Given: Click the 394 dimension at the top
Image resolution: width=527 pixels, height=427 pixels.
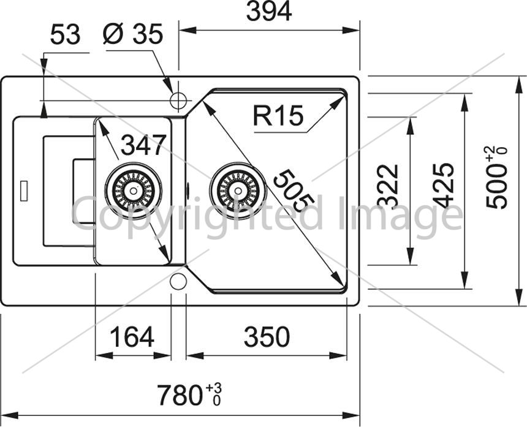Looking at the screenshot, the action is click(269, 12).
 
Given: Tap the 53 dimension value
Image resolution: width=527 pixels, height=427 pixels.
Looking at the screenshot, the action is click(66, 34).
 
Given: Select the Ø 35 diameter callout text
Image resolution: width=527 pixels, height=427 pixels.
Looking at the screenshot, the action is click(133, 34).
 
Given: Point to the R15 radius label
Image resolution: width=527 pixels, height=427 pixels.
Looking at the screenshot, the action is click(278, 115).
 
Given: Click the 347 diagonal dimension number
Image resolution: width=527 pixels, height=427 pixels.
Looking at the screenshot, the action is click(143, 145).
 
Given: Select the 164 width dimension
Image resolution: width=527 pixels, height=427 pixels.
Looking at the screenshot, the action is click(132, 337).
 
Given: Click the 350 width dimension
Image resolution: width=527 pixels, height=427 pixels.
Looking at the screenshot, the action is click(267, 337).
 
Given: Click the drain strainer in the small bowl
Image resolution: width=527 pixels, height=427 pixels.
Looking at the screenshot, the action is click(134, 191).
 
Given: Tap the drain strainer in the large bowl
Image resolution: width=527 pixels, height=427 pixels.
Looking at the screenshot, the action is click(238, 191).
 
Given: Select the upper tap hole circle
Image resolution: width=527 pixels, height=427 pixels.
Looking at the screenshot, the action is click(178, 100).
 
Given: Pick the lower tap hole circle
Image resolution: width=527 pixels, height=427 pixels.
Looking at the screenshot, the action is click(178, 282).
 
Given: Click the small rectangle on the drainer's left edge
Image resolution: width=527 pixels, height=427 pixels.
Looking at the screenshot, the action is click(24, 191).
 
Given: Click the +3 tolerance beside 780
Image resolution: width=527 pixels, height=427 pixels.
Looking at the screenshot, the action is click(214, 388).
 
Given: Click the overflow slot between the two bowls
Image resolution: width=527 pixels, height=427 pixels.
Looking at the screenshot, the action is click(188, 191).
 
